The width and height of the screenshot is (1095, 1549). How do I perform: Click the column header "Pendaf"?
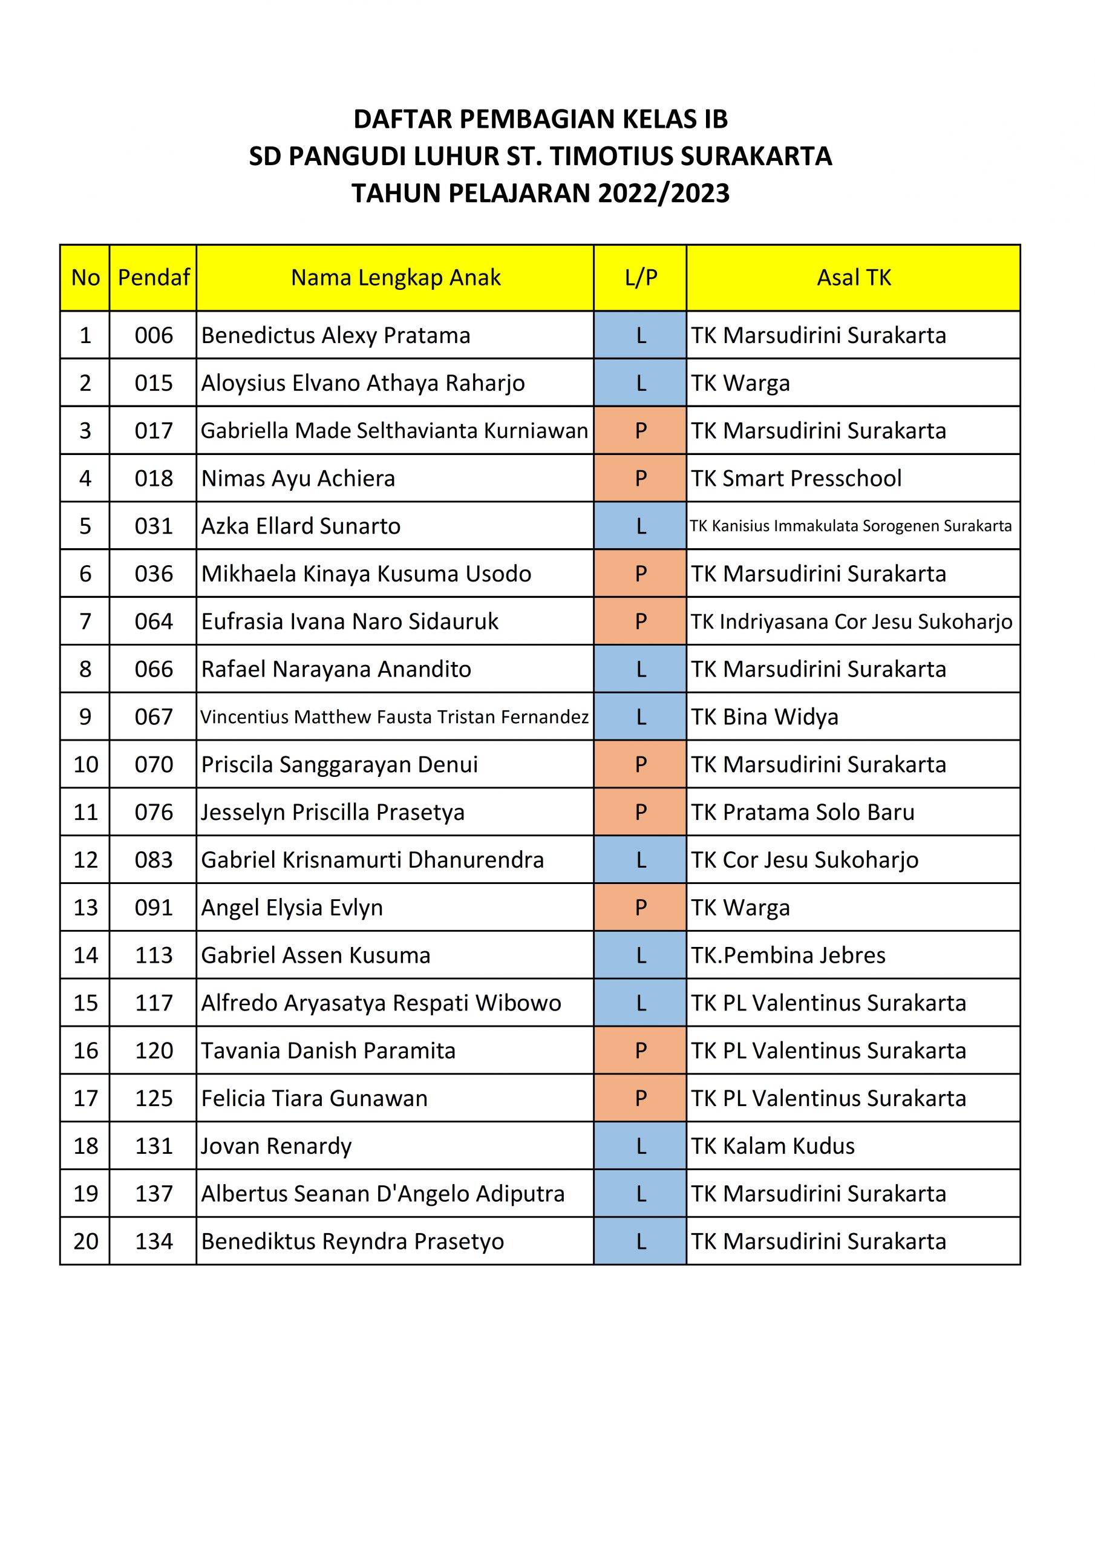(x=154, y=278)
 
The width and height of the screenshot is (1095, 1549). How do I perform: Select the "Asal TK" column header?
(x=854, y=278)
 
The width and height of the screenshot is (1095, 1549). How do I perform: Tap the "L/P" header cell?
(x=640, y=278)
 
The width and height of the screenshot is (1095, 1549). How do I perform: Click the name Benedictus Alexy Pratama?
(x=335, y=335)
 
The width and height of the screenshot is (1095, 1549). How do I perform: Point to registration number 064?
(x=154, y=621)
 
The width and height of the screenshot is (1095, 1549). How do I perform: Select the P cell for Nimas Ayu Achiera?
(x=640, y=479)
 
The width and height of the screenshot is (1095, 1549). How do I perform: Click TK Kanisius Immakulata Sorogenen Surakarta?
(x=850, y=526)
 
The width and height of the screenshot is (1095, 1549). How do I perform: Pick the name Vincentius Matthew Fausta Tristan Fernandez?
(x=394, y=717)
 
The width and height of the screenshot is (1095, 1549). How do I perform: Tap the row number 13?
(x=86, y=908)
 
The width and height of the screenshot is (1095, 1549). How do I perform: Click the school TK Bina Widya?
(x=765, y=717)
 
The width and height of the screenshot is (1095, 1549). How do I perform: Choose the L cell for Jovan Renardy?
(x=640, y=1146)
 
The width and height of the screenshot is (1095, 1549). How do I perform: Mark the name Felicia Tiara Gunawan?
(x=315, y=1098)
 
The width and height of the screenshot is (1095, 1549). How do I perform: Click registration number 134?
(x=154, y=1242)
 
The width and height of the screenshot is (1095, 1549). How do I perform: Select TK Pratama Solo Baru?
(x=802, y=812)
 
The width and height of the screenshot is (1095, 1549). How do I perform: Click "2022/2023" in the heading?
(x=663, y=194)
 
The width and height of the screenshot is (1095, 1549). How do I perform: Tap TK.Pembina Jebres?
(x=788, y=955)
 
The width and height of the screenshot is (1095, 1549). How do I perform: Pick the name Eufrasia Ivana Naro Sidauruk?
(x=350, y=621)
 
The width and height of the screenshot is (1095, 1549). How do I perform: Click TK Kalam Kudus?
(x=773, y=1146)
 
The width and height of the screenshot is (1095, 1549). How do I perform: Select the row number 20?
(x=86, y=1242)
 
